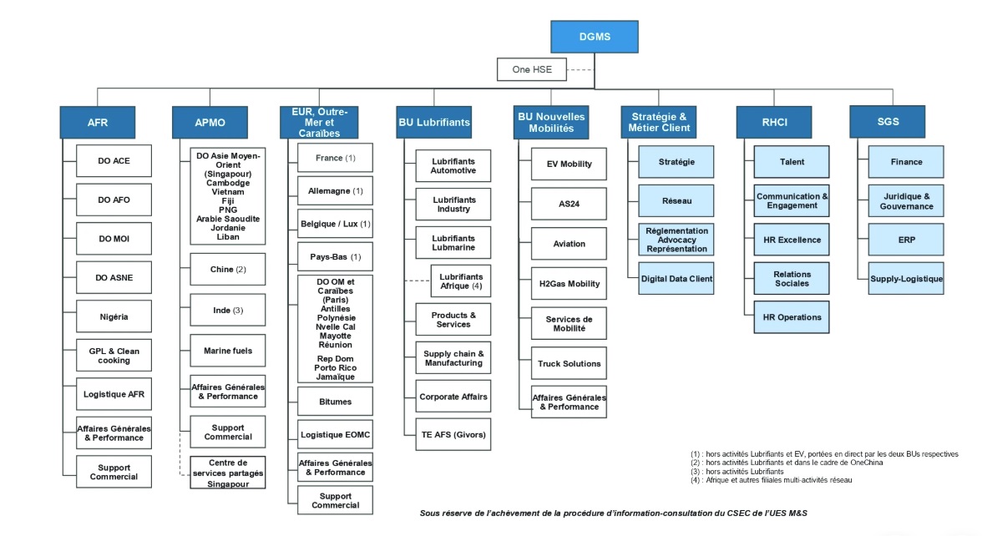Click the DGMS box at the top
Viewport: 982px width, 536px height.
[x=595, y=37]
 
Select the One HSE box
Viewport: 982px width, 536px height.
[x=532, y=69]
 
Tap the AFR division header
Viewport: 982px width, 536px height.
[x=98, y=123]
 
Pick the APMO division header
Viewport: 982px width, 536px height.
[x=210, y=123]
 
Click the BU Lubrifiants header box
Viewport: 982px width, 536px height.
[x=433, y=122]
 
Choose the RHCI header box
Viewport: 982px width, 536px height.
[x=774, y=123]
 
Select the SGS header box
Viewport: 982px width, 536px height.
[x=888, y=122]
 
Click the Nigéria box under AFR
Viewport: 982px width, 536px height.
[x=114, y=316]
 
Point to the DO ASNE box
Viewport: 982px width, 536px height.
[x=114, y=278]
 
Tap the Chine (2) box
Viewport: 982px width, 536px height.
[x=228, y=270]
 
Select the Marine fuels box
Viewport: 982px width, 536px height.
[x=228, y=351]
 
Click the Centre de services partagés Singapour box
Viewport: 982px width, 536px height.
[x=228, y=473]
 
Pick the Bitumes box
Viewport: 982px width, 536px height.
[x=335, y=402]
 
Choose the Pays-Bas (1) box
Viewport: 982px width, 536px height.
[x=335, y=256]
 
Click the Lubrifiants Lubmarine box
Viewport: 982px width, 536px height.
[x=453, y=243]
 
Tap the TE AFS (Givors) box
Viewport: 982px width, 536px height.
[x=453, y=434]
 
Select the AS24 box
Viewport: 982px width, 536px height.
[x=569, y=204]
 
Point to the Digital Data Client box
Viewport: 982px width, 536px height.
[x=676, y=278]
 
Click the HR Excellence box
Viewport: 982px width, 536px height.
[x=792, y=240]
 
